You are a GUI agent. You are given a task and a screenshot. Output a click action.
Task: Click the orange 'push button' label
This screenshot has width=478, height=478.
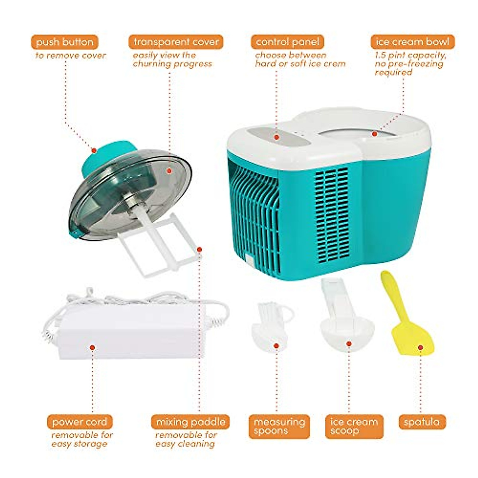[x=65, y=42]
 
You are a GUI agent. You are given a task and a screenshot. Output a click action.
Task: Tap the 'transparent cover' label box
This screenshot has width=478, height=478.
[x=176, y=42]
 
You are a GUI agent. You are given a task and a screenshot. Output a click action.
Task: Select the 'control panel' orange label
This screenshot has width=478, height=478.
[x=287, y=42]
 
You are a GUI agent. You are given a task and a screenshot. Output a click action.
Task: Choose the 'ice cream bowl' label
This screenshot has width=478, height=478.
[x=413, y=42]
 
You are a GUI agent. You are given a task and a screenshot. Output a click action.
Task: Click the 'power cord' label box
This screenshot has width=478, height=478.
[x=80, y=422]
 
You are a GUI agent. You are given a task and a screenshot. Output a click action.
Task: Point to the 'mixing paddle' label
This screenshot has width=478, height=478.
[x=190, y=422]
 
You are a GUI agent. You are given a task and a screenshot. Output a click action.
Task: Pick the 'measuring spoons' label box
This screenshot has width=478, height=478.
[x=279, y=426]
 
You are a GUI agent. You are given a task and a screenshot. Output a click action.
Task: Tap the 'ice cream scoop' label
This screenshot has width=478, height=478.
[x=354, y=426]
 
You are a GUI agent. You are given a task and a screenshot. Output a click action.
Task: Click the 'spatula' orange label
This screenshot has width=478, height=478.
[x=422, y=422]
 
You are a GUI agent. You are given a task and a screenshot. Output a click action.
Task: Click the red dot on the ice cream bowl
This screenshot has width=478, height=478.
[x=374, y=134]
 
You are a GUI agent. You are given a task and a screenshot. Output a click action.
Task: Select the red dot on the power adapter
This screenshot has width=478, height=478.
[x=92, y=347]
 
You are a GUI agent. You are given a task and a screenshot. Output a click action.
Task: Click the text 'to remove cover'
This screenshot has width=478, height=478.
[x=71, y=55]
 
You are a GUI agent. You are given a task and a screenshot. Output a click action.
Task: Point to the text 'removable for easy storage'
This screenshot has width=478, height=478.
[x=82, y=439]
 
